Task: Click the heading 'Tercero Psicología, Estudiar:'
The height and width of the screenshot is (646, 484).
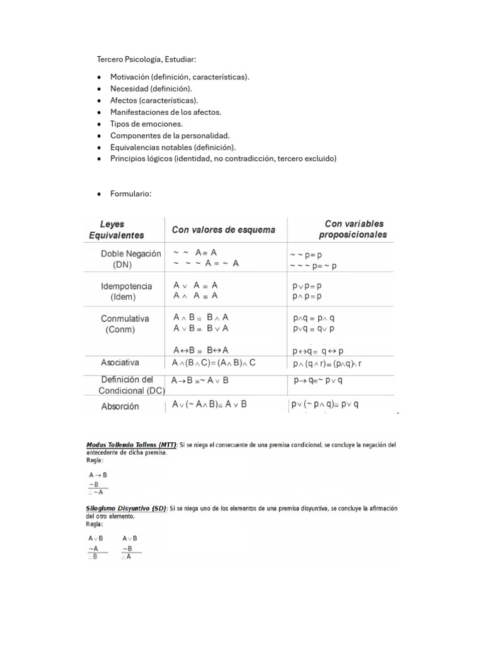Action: (146, 59)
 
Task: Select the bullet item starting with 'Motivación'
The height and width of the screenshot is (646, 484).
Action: (180, 77)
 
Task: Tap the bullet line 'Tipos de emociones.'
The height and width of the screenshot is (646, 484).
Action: (146, 124)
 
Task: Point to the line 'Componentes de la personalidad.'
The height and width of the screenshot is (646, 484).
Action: (170, 136)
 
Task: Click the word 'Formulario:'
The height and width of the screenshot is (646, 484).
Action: (131, 194)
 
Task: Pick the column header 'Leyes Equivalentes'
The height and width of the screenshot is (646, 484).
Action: (117, 230)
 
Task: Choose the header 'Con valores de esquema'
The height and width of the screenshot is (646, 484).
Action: (224, 230)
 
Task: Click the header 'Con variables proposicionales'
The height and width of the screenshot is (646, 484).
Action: (353, 230)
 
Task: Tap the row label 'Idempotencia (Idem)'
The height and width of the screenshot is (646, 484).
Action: (127, 291)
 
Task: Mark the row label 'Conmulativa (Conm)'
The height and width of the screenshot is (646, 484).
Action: (125, 324)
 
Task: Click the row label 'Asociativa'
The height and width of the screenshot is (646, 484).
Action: (120, 363)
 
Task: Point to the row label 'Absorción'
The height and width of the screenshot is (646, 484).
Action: (120, 406)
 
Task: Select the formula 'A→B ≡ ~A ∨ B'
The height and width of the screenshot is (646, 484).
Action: (200, 381)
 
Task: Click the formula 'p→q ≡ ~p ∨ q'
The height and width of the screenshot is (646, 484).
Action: (318, 380)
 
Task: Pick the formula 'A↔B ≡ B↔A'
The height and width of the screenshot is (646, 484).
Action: (200, 349)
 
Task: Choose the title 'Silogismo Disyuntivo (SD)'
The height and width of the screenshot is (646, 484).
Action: (126, 508)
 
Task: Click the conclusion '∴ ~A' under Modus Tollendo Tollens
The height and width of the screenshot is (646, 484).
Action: (96, 492)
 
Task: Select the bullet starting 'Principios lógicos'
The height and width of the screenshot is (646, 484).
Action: (224, 159)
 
